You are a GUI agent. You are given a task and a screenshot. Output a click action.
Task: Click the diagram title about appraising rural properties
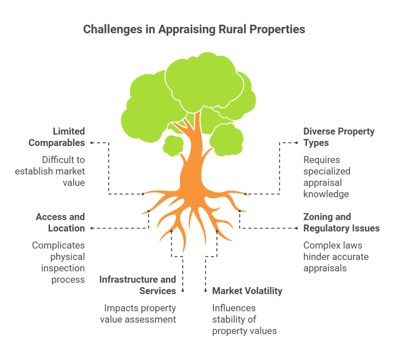(x=194, y=29)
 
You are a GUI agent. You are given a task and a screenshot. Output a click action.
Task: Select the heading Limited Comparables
(x=57, y=137)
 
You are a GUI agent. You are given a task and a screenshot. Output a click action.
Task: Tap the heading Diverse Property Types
(x=339, y=137)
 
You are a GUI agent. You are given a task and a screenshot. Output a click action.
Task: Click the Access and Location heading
(x=60, y=223)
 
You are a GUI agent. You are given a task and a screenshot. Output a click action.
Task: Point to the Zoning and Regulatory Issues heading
(x=342, y=223)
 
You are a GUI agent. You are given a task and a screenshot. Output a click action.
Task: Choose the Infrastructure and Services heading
(x=137, y=285)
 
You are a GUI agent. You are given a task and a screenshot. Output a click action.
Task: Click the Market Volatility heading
(x=247, y=291)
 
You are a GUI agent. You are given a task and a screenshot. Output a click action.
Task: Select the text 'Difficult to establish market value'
(x=50, y=171)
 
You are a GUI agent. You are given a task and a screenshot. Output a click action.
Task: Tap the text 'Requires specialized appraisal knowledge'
(x=327, y=177)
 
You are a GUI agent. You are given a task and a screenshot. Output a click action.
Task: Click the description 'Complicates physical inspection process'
(x=58, y=263)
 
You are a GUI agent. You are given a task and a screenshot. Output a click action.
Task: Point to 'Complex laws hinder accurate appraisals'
(x=336, y=257)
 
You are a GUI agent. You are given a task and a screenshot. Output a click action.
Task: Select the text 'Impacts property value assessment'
(x=138, y=314)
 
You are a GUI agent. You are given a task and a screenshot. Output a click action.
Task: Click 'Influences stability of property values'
(x=244, y=320)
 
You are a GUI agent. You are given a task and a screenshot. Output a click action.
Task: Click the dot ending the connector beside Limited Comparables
(x=92, y=143)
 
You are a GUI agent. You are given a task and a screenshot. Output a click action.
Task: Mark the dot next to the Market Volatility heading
(x=205, y=291)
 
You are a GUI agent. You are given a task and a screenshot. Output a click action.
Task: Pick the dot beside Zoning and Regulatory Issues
(x=297, y=228)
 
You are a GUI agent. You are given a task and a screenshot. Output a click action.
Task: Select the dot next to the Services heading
(x=183, y=291)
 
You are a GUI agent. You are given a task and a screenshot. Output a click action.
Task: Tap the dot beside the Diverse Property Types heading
(x=297, y=143)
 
